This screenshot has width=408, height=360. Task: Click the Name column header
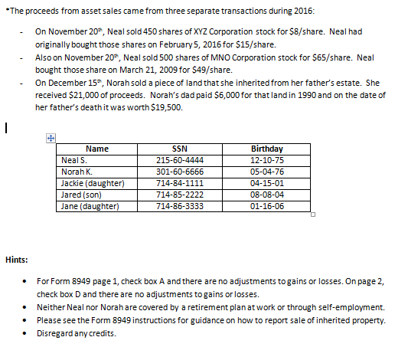98,149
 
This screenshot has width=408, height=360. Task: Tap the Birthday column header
266,149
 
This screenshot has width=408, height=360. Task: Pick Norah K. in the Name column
75,172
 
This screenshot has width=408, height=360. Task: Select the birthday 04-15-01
266,183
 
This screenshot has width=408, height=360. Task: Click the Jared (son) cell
80,195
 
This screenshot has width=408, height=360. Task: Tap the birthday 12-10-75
266,160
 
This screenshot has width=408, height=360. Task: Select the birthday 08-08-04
266,195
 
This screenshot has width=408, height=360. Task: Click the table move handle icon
51,138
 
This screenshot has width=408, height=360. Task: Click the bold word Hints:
16,258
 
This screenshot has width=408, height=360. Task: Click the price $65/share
319,57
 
